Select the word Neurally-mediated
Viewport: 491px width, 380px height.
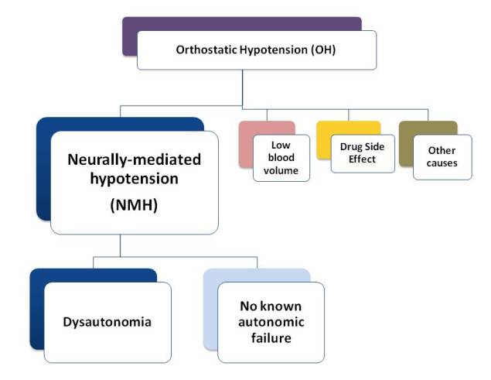[x=135, y=159]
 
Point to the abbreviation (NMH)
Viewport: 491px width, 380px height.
[x=134, y=205]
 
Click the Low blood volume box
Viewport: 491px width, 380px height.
[x=281, y=158]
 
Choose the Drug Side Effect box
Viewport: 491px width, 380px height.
[x=363, y=154]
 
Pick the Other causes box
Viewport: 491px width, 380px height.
[x=442, y=157]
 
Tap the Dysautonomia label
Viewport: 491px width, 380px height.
[x=107, y=322]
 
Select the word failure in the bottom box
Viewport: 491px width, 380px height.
[x=271, y=338]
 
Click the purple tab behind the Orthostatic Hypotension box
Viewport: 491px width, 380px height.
[x=241, y=24]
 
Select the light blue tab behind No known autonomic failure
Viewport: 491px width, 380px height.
[x=257, y=276]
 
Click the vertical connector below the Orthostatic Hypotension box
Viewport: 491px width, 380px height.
[x=242, y=87]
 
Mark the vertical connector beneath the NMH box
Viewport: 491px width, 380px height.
[x=121, y=245]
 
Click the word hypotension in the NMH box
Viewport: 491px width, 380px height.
[x=135, y=179]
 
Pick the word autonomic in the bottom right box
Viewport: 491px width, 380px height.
[x=271, y=322]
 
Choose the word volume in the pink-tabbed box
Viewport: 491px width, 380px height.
[x=281, y=170]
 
